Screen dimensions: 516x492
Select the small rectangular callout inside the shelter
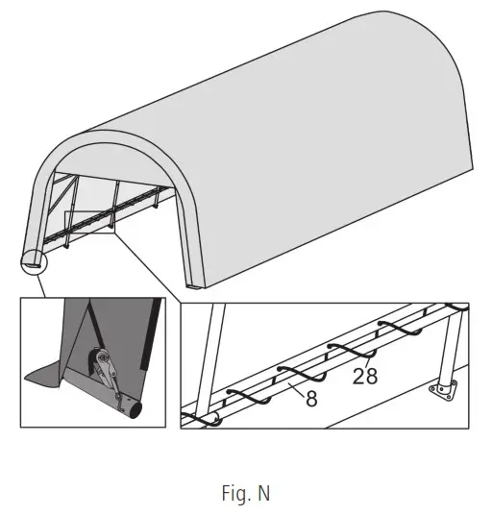[x=89, y=223]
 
